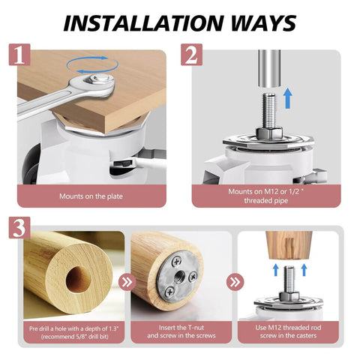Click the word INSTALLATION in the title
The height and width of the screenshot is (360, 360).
click(x=142, y=23)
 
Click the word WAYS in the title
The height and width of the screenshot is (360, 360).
click(x=263, y=23)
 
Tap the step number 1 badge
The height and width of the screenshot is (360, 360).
click(x=19, y=55)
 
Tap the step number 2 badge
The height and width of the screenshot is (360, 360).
click(x=192, y=55)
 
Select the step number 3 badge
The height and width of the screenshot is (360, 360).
click(x=19, y=228)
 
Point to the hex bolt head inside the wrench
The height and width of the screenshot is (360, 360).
click(x=99, y=79)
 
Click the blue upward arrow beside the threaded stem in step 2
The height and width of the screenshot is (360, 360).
click(x=289, y=98)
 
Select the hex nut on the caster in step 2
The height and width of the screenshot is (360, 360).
click(x=269, y=132)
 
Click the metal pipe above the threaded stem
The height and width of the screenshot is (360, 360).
click(x=269, y=68)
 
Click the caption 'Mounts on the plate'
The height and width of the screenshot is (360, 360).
click(x=91, y=196)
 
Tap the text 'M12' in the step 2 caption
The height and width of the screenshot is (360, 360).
click(x=271, y=192)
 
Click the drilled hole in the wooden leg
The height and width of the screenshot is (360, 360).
click(x=79, y=280)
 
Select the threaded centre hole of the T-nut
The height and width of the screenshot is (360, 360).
click(x=179, y=276)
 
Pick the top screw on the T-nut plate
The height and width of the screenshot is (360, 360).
click(x=176, y=262)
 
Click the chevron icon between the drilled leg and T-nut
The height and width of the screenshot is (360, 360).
click(x=127, y=282)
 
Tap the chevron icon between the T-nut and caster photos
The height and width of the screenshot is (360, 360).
click(x=235, y=282)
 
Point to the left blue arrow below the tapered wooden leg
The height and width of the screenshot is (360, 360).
click(x=276, y=270)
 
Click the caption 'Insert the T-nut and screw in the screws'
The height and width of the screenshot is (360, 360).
click(x=181, y=331)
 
